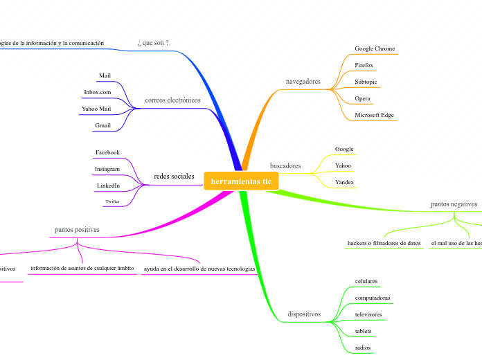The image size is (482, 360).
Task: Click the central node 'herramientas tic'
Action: pyautogui.click(x=241, y=181)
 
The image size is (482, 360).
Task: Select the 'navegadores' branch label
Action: pyautogui.click(x=303, y=82)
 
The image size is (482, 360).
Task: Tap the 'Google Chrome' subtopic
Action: pyautogui.click(x=375, y=48)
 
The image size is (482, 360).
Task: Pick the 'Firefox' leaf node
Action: pyautogui.click(x=364, y=65)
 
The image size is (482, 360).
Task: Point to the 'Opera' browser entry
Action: pyautogui.click(x=362, y=98)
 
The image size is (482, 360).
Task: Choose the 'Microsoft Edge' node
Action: pyautogui.click(x=375, y=115)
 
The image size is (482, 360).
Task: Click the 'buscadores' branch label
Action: pyautogui.click(x=285, y=166)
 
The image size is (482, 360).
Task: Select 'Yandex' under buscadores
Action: pyautogui.click(x=344, y=182)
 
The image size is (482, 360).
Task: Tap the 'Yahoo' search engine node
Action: pyautogui.click(x=343, y=165)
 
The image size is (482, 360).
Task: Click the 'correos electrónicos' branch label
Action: pyautogui.click(x=172, y=100)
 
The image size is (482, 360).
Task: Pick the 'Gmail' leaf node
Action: pyautogui.click(x=102, y=125)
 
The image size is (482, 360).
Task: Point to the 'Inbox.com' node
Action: pyautogui.click(x=98, y=92)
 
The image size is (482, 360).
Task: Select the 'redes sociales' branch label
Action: pyautogui.click(x=174, y=177)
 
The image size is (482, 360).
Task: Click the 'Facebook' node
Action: pyautogui.click(x=107, y=152)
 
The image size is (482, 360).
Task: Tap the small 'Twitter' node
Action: pyautogui.click(x=112, y=201)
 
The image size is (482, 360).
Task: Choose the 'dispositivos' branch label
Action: pyautogui.click(x=304, y=314)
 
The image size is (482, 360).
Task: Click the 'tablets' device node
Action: pyautogui.click(x=363, y=331)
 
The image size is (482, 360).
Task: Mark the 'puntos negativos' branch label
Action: pyautogui.click(x=454, y=205)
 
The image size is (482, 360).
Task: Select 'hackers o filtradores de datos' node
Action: pyautogui.click(x=384, y=244)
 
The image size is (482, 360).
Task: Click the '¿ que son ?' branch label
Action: pyautogui.click(x=153, y=43)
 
